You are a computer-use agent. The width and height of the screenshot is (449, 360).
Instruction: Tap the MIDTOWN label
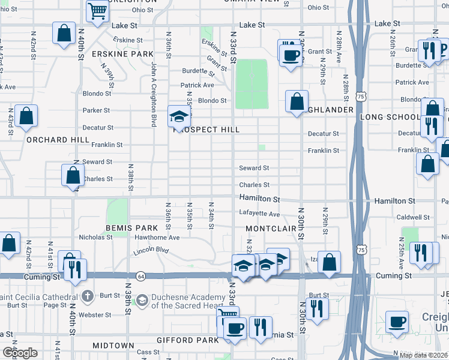click(113, 346)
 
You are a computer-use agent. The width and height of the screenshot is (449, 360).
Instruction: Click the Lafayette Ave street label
click(259, 214)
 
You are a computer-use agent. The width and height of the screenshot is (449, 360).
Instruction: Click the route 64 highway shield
click(140, 276)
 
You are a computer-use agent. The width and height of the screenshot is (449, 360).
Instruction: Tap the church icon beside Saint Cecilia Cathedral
click(88, 295)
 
